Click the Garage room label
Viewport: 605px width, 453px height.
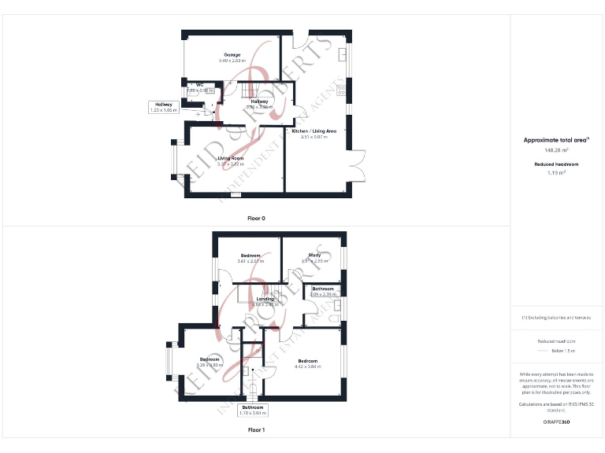click(x=232, y=55)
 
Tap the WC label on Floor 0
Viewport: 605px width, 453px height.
click(x=200, y=84)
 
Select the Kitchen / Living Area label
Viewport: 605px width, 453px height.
click(x=314, y=131)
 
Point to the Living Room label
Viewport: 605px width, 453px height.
click(x=231, y=159)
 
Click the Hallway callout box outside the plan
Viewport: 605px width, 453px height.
click(x=164, y=107)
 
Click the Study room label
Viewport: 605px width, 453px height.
click(x=314, y=255)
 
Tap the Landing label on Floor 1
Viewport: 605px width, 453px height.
click(x=264, y=299)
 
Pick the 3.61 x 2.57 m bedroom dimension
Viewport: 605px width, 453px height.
click(x=251, y=261)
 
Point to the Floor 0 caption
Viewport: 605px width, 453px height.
click(x=256, y=218)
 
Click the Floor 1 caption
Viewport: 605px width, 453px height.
click(x=256, y=430)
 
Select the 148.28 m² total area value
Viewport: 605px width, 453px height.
click(x=556, y=149)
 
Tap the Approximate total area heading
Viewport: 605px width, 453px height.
click(x=556, y=140)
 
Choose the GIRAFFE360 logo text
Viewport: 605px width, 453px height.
click(x=556, y=422)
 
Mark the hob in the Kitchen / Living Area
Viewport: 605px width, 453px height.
click(x=341, y=90)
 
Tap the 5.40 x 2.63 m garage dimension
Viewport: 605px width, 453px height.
click(x=232, y=61)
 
